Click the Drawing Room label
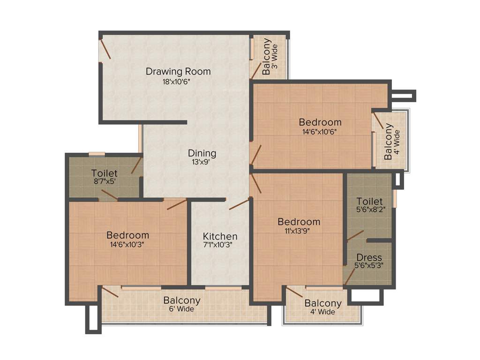tap(178, 72)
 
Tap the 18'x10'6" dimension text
tap(176, 81)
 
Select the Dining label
tap(202, 153)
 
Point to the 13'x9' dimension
tap(202, 162)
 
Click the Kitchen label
tap(220, 236)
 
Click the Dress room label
tap(369, 257)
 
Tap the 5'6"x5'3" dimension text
tap(369, 266)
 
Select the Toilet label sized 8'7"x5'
tap(105, 173)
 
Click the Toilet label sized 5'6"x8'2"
tap(369, 202)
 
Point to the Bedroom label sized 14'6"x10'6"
tap(320, 122)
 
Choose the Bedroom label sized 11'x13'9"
tap(299, 222)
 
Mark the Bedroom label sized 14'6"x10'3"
tap(127, 235)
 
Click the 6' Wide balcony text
tap(182, 309)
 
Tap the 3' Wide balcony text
tap(275, 56)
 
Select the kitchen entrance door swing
tap(239, 204)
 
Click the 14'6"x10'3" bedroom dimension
tap(127, 244)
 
